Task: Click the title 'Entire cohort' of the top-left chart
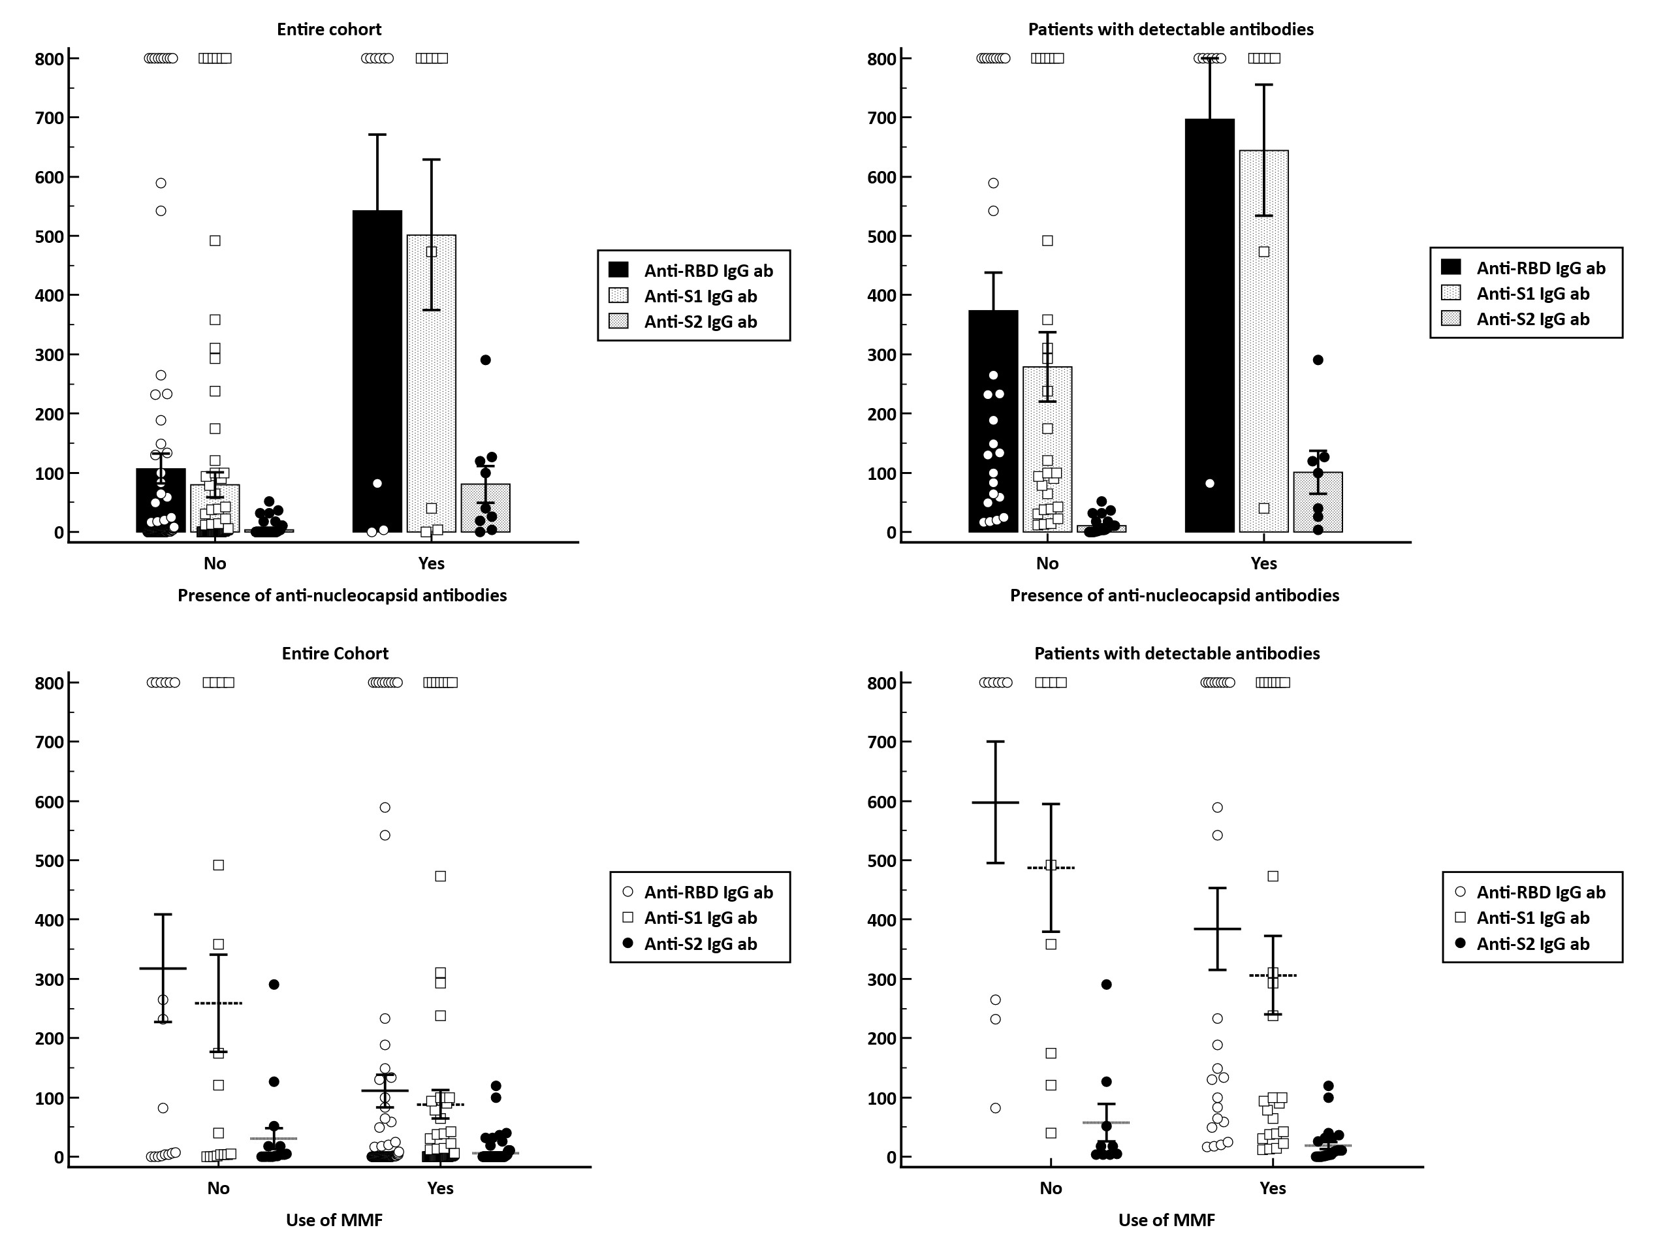(329, 29)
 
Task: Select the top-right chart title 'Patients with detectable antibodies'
(1171, 29)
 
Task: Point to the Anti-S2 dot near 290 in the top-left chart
(486, 360)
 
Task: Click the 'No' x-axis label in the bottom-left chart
(218, 1188)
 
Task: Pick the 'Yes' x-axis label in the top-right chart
(1264, 563)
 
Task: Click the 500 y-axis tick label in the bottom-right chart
(881, 861)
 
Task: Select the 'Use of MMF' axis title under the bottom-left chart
(334, 1220)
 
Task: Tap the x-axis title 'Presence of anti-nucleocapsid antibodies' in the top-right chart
(1174, 595)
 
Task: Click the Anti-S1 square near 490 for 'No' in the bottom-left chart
(218, 865)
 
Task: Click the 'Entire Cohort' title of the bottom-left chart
(335, 654)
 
